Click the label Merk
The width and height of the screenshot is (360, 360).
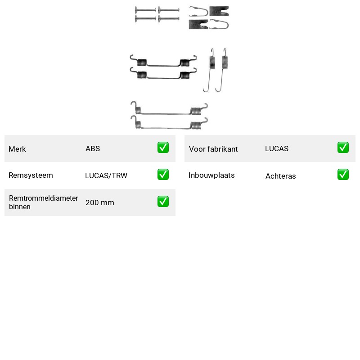pyautogui.click(x=17, y=149)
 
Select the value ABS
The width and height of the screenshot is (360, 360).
pyautogui.click(x=93, y=148)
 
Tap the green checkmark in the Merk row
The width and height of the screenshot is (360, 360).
pyautogui.click(x=163, y=148)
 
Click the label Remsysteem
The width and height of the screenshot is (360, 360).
pyautogui.click(x=31, y=175)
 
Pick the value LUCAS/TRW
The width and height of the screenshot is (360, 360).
pyautogui.click(x=106, y=175)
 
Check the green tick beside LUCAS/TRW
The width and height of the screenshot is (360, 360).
pyautogui.click(x=163, y=175)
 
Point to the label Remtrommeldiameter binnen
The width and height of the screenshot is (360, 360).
pyautogui.click(x=43, y=202)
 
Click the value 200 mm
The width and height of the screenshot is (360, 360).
pyautogui.click(x=99, y=202)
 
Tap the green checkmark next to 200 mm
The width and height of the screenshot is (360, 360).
pyautogui.click(x=163, y=201)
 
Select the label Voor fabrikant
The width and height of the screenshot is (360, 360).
pyautogui.click(x=213, y=149)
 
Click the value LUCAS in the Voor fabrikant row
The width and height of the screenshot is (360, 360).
pyautogui.click(x=277, y=148)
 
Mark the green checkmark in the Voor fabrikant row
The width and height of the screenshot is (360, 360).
pyautogui.click(x=343, y=148)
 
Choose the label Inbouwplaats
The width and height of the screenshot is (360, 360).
pyautogui.click(x=211, y=175)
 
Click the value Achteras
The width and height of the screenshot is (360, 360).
pyautogui.click(x=280, y=176)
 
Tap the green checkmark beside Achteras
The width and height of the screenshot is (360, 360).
pyautogui.click(x=343, y=175)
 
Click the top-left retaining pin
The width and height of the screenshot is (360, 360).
pyautogui.click(x=145, y=10)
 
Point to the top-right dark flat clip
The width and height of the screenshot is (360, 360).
pyautogui.click(x=219, y=11)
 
